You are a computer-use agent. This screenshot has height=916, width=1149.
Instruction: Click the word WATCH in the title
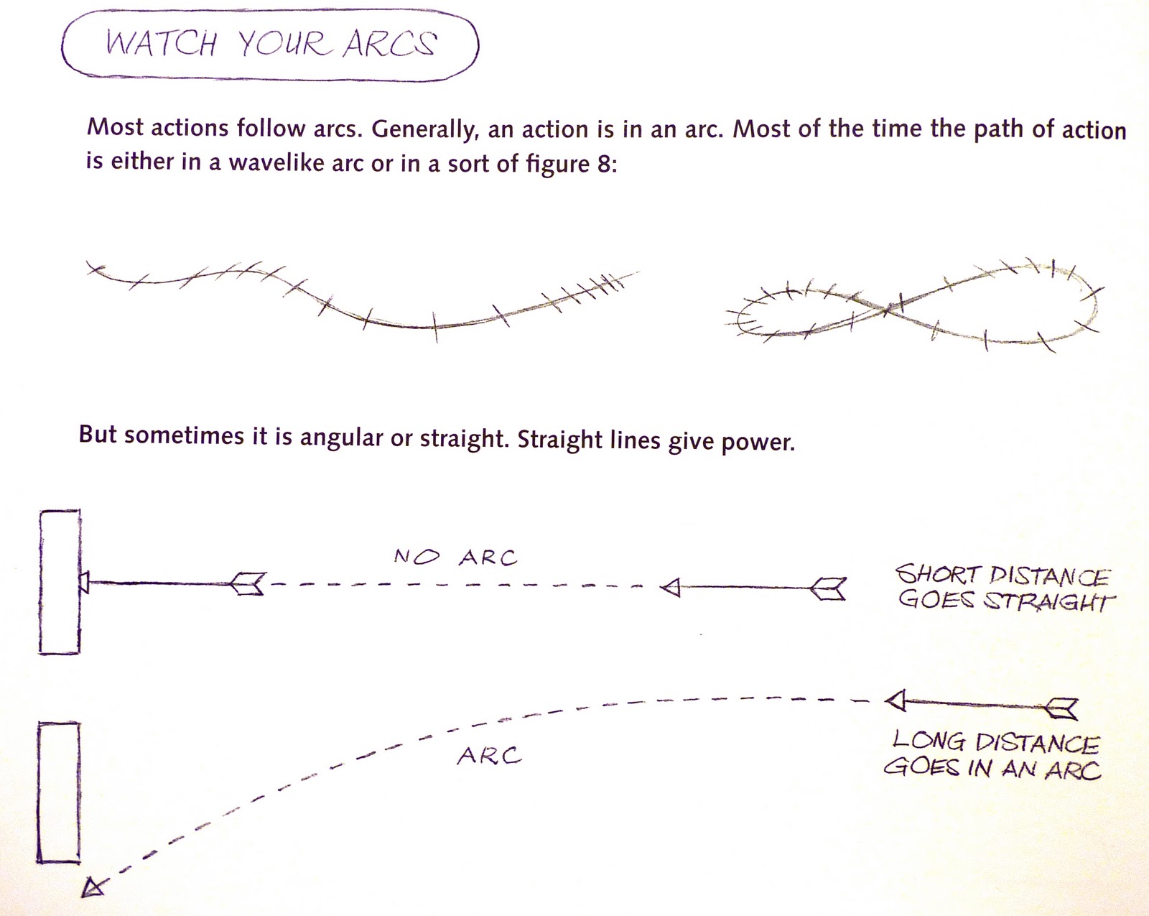click(x=161, y=44)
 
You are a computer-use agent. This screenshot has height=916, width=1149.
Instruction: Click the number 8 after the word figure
click(x=603, y=164)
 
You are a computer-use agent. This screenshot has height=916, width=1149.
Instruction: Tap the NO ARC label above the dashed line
click(x=455, y=558)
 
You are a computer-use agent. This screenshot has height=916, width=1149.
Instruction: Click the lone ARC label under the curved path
click(x=489, y=756)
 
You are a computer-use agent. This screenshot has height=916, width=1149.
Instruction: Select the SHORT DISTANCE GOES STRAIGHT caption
click(x=1004, y=588)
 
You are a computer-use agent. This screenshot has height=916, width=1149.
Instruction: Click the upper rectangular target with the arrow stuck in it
click(x=60, y=582)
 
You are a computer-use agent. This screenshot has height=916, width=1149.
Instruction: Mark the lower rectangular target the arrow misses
click(x=58, y=792)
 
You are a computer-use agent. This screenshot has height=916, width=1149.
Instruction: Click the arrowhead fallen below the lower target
click(x=93, y=888)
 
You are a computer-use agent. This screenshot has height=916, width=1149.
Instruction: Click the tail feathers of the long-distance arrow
click(x=1061, y=708)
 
